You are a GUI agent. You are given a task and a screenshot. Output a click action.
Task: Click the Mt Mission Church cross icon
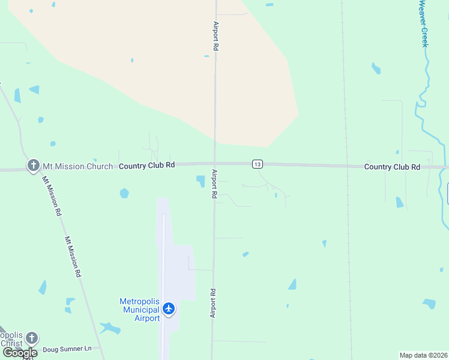pos(33,165)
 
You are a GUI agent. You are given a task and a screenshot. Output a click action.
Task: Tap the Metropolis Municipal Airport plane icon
pos(169,308)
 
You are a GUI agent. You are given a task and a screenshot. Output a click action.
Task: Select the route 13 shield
pos(257,164)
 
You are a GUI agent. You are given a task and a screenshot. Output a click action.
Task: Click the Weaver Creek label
pos(423,24)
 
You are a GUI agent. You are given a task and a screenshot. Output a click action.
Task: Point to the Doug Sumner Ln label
pos(67,349)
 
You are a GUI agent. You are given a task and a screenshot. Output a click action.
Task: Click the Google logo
pos(19,352)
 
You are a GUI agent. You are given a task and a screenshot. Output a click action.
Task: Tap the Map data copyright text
pos(424,355)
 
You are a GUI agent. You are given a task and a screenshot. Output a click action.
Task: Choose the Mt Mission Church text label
pos(77,166)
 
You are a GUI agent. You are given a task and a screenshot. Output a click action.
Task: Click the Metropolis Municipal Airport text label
pos(140,310)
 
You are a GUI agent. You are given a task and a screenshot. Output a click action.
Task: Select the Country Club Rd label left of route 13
pos(146,165)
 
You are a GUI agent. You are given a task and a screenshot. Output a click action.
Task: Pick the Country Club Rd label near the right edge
pos(392,167)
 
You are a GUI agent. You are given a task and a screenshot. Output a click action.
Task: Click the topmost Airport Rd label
pos(215,36)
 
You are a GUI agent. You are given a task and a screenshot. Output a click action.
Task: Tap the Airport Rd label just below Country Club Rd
pos(214,184)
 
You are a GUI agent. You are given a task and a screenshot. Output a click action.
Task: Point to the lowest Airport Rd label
pos(212,303)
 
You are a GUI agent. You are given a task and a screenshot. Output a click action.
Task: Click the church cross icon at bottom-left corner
pos(32,338)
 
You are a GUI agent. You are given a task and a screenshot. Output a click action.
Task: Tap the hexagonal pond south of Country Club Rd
pos(124,193)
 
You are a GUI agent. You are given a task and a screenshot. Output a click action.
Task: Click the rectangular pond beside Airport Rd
pos(200,181)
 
